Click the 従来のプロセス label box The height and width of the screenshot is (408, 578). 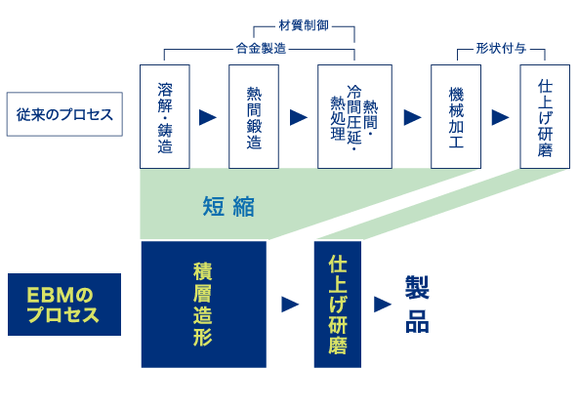point(64,114)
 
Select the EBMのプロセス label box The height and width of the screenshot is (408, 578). point(64,305)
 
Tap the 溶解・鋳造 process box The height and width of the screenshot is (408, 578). point(165,116)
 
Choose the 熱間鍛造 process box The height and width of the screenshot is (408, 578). point(254,116)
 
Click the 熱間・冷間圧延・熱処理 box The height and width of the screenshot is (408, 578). point(354,116)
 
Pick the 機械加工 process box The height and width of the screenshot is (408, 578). point(456,116)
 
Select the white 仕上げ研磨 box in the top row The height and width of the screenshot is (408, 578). point(545,116)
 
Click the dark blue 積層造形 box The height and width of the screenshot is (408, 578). point(204,305)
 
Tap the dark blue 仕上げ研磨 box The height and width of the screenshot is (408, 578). point(338,305)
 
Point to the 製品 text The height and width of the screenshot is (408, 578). point(417,305)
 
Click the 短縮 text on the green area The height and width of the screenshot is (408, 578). point(228,206)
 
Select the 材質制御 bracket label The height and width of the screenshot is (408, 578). point(304,25)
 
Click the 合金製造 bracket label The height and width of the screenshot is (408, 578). point(261,48)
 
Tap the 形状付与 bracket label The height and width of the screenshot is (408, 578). point(501,48)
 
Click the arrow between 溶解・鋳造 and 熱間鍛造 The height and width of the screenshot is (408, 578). point(208,117)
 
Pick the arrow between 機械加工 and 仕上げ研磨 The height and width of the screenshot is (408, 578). point(501,117)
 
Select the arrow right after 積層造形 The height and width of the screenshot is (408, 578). point(290,305)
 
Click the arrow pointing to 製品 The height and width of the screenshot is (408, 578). point(383,305)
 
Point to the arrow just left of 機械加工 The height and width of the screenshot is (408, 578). point(412,117)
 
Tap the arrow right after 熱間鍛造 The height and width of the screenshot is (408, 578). point(299,117)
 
